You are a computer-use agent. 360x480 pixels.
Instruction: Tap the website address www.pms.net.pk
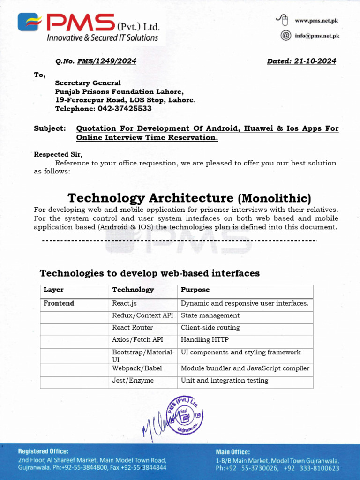point(316,21)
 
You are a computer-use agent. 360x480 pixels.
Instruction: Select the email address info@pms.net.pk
point(316,35)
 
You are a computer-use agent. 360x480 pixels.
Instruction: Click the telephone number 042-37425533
point(125,108)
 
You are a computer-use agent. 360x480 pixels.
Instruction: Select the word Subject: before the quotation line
point(50,128)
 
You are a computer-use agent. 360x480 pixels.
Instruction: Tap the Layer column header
point(53,290)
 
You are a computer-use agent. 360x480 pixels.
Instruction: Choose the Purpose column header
point(195,290)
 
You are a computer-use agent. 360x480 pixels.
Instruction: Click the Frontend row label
point(59,303)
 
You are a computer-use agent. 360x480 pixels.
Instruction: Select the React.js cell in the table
point(124,303)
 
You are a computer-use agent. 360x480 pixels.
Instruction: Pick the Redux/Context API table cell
point(142,315)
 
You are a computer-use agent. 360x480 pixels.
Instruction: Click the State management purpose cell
point(210,315)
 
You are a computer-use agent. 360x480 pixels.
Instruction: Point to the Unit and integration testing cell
point(225,381)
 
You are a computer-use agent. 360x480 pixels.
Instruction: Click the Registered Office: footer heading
point(43,451)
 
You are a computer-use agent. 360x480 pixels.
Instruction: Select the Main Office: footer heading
point(232,452)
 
